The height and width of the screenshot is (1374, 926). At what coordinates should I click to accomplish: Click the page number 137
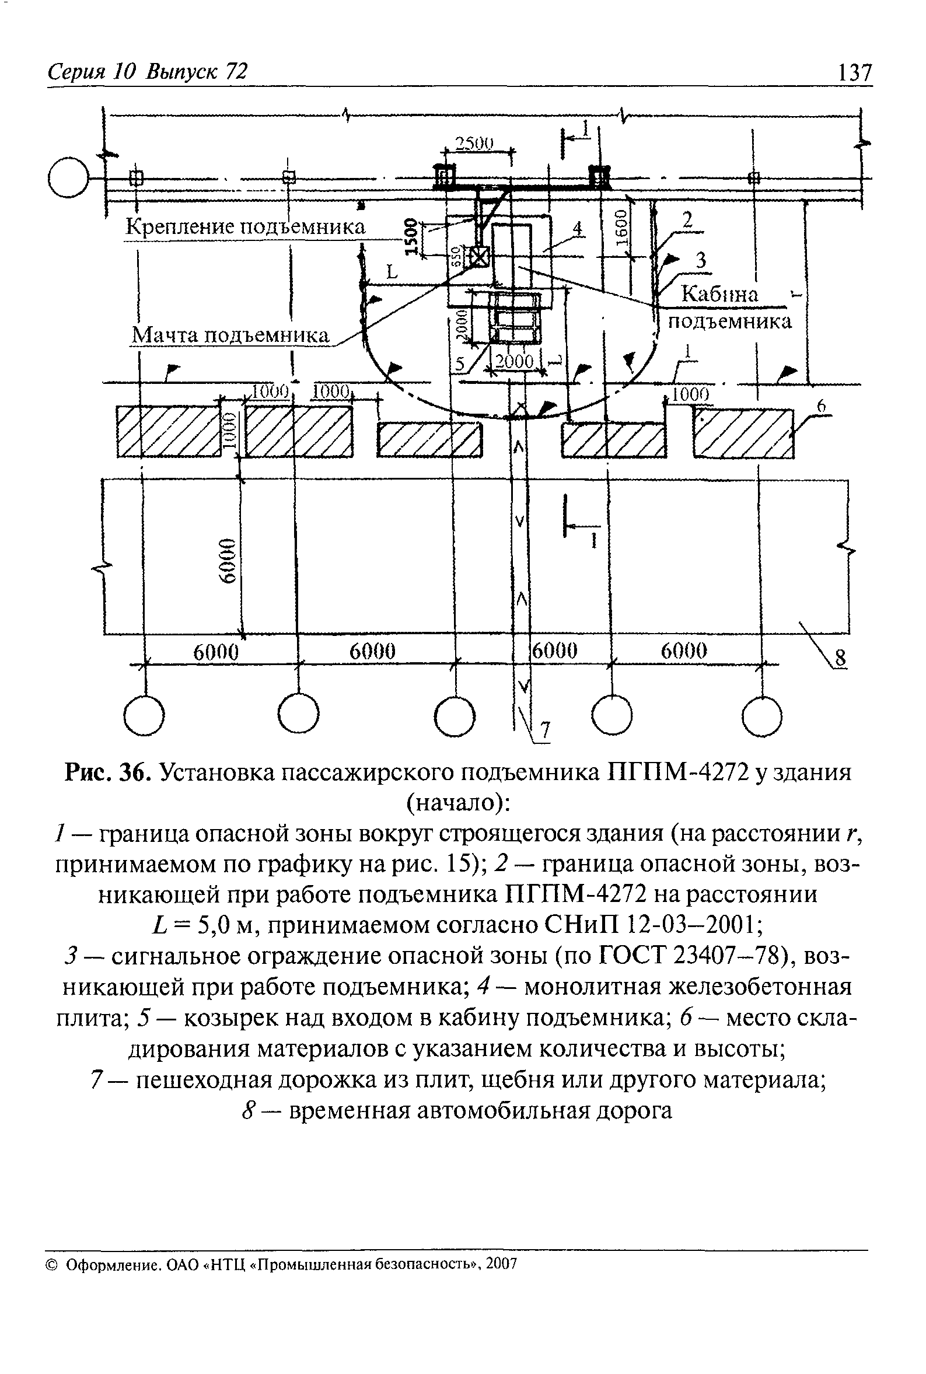[854, 72]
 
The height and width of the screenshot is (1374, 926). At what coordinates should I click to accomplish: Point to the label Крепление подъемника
[245, 227]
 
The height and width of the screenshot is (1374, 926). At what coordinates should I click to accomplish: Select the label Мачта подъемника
[230, 335]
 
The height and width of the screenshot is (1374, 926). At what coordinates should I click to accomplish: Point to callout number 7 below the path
[546, 731]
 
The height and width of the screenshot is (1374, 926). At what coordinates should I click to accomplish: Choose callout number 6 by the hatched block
[820, 407]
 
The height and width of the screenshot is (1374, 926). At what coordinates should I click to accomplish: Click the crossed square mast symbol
[480, 257]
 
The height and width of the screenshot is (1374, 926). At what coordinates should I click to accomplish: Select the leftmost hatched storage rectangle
[168, 432]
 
